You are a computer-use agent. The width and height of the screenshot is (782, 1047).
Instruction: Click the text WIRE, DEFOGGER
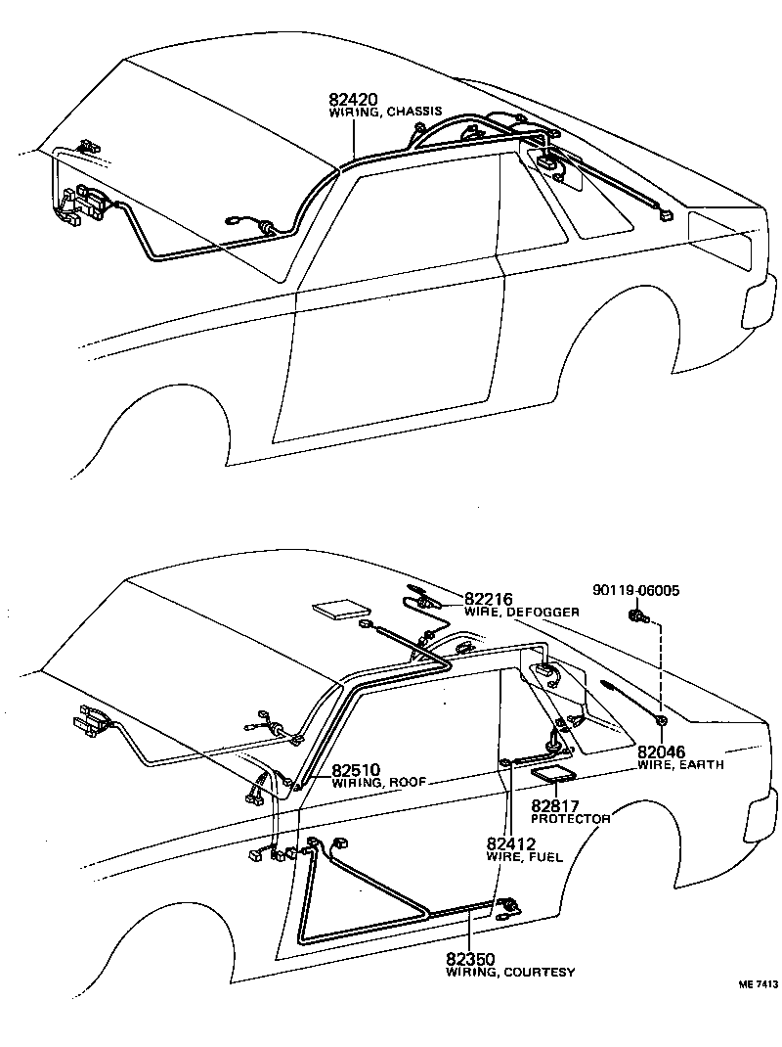pyautogui.click(x=521, y=612)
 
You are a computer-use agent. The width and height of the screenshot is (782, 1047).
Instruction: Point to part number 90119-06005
pyautogui.click(x=636, y=590)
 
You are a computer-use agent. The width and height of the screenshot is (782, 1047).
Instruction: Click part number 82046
pyautogui.click(x=663, y=751)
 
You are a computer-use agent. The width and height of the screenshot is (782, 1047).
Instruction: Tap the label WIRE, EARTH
pyautogui.click(x=680, y=764)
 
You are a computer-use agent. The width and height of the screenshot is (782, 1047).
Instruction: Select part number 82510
pyautogui.click(x=356, y=770)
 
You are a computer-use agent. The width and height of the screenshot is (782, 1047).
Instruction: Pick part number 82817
pyautogui.click(x=558, y=805)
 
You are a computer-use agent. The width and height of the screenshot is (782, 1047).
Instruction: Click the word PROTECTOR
pyautogui.click(x=571, y=818)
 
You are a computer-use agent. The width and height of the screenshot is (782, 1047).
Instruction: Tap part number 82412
pyautogui.click(x=512, y=842)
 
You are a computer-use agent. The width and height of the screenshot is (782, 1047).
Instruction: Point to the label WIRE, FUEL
pyautogui.click(x=524, y=856)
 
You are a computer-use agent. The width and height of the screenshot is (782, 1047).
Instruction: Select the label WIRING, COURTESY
pyautogui.click(x=510, y=972)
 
